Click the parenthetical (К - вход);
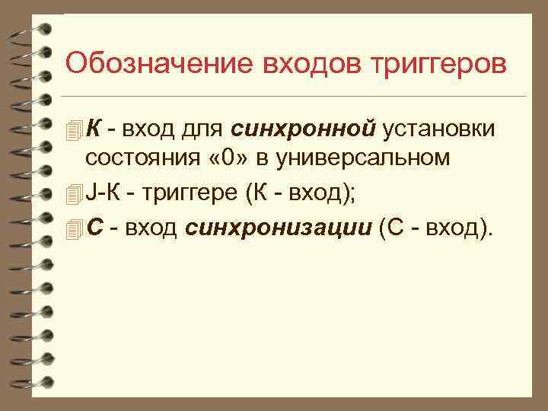(301, 194)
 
